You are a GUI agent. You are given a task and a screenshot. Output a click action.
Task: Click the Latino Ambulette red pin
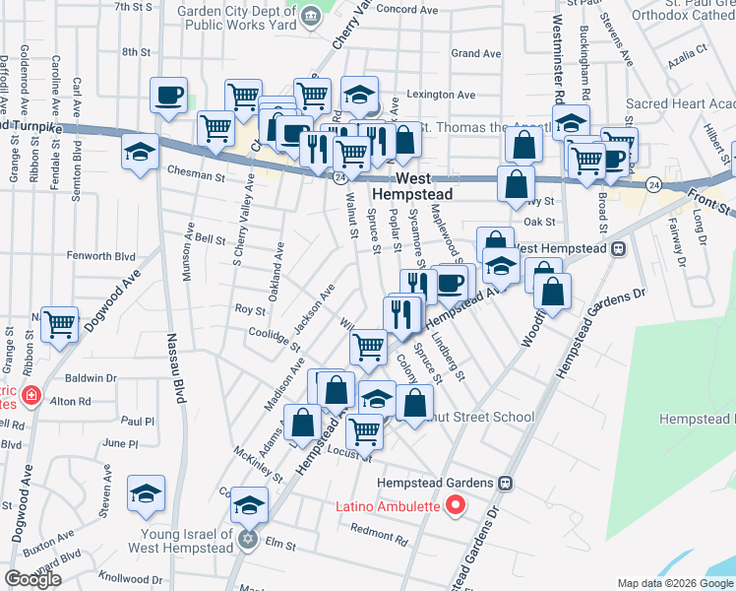(455, 507)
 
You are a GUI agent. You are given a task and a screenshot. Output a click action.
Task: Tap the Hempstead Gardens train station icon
(506, 484)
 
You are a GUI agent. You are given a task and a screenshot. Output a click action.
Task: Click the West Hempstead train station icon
(619, 248)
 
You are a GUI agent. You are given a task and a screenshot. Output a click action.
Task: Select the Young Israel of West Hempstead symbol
(248, 539)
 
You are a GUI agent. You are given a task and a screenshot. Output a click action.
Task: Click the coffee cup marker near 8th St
(168, 96)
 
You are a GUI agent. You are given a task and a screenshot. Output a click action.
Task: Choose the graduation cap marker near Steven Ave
(147, 493)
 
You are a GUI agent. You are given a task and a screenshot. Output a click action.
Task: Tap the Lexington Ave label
(442, 96)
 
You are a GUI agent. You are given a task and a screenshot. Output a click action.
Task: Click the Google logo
(32, 579)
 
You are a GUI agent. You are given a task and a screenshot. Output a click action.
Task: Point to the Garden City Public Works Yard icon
(311, 15)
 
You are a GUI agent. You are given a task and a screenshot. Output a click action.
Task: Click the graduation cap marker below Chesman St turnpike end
(141, 153)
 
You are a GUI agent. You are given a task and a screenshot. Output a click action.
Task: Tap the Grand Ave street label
(476, 53)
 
